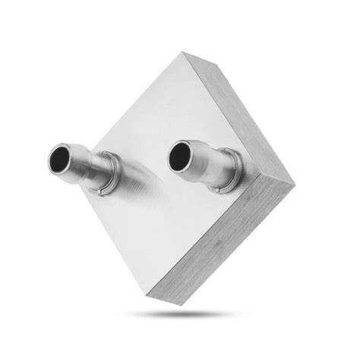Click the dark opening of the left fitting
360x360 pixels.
[x=58, y=157]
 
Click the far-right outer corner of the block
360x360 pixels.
[x=293, y=184]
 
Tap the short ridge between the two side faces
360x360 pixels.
[x=277, y=180]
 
